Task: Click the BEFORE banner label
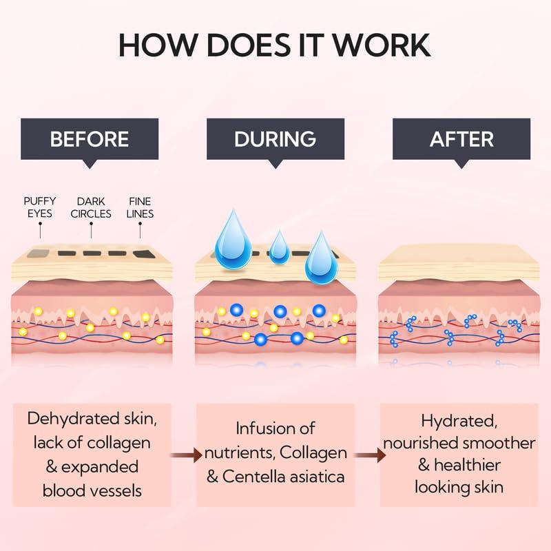click(90, 139)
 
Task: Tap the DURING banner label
click(275, 139)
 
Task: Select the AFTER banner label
click(461, 139)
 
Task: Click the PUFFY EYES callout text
click(40, 207)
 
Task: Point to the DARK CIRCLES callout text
click(91, 207)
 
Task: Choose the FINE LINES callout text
click(140, 207)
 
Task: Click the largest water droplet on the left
click(233, 240)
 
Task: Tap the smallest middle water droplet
click(279, 247)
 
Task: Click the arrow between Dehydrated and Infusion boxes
click(187, 455)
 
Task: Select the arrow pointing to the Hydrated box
click(370, 455)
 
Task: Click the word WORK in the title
click(382, 45)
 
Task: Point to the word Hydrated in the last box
click(459, 422)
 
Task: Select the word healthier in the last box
click(467, 465)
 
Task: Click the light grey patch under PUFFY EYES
click(39, 253)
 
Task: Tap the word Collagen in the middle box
click(313, 453)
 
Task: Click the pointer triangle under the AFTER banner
click(461, 164)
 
